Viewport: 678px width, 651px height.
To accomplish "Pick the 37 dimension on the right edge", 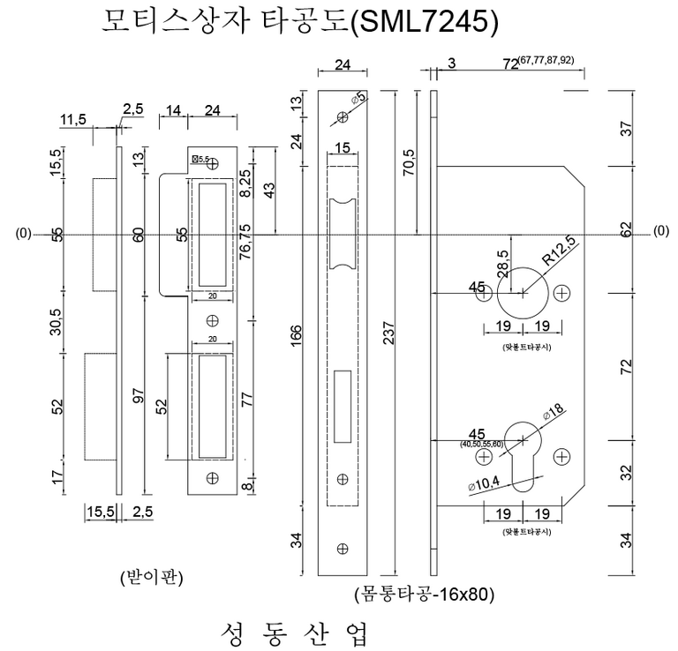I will point(628,127).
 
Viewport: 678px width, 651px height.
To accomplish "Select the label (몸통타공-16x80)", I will point(423,594).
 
